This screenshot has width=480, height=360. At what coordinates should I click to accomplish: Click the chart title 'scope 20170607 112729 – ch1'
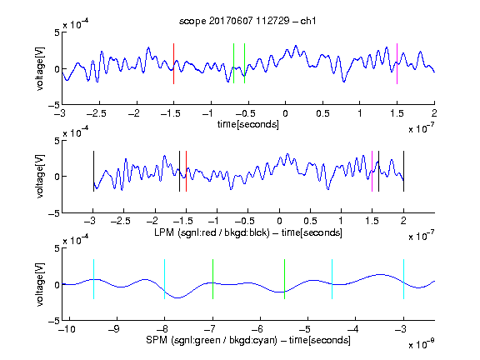pos(247,21)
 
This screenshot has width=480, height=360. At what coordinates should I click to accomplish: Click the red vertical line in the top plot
pos(173,63)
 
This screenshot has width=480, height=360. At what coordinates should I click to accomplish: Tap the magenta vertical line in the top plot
pos(397,63)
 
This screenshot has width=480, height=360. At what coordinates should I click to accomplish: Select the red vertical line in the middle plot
pos(186,171)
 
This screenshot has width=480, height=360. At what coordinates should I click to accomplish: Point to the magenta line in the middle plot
pos(372,171)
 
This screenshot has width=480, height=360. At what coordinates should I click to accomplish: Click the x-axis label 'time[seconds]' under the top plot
pos(248,124)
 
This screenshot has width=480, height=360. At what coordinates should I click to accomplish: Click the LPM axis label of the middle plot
pos(248,232)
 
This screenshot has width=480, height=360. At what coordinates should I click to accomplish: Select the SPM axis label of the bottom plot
pos(248,340)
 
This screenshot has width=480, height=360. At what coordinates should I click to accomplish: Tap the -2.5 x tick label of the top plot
pos(97,113)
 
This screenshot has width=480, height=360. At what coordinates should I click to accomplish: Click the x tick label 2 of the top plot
pos(434,113)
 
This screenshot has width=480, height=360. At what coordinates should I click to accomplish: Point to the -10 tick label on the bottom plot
pos(67,329)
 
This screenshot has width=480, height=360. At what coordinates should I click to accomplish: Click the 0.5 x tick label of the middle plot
pos(310,221)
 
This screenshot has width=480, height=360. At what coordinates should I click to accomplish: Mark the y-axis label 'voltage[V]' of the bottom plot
pos(40,284)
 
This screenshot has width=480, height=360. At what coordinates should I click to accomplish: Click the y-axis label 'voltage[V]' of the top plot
pos(40,68)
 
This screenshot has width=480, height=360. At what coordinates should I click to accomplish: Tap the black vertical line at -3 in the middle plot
pos(93,171)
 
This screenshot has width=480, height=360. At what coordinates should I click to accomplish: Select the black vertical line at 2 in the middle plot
pos(403,171)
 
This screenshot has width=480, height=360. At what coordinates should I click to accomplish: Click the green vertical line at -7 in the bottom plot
pos(212,279)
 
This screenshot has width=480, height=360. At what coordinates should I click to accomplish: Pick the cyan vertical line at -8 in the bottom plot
pos(165,279)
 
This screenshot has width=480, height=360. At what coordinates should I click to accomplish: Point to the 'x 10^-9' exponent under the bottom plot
pos(422,344)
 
